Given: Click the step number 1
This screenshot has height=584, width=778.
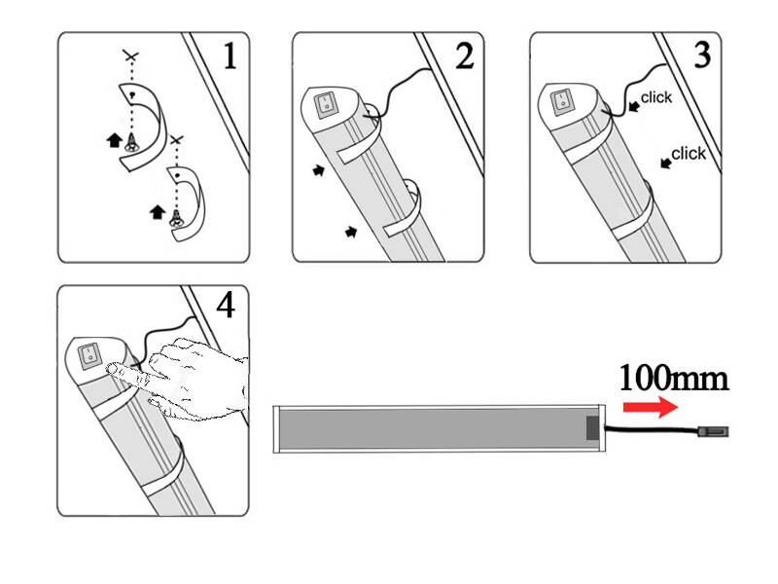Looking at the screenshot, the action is coord(230,55).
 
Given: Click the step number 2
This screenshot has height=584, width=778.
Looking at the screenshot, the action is coord(465,55).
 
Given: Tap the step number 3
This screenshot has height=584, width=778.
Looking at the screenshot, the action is coord(701,55).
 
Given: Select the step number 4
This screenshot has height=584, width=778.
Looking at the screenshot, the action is coord(226,305).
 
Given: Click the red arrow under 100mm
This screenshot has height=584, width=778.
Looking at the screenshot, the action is coord(651,407).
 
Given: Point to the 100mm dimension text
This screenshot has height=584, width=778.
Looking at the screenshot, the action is coord(674,379).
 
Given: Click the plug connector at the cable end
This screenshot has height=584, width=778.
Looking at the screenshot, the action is coord(713,431).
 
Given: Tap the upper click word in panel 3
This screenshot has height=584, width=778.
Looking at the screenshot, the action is coord(655,97).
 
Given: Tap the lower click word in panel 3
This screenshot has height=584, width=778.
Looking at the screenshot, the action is coord(689,154).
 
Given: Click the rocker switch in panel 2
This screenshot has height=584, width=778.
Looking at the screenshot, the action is coord(326,106).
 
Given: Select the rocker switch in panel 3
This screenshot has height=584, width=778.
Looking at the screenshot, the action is coord(563,102).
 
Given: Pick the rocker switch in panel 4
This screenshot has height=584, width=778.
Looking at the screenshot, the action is coord(89,356).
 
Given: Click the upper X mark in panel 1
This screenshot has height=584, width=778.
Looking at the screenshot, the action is coord(131,55).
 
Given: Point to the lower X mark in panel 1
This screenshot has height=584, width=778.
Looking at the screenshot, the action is coord(176,140).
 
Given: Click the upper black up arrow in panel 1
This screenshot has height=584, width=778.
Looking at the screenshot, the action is coord(115,140).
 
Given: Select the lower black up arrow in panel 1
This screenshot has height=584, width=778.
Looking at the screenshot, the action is coord(158,212).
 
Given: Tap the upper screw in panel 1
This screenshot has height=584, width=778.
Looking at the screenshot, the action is coord(131,143).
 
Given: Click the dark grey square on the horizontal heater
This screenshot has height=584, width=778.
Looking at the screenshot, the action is coord(592,428).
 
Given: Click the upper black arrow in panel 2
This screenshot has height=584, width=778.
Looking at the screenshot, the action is coord(319,170).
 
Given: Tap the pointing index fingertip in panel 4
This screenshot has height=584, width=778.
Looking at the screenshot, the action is coord(112,368).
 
